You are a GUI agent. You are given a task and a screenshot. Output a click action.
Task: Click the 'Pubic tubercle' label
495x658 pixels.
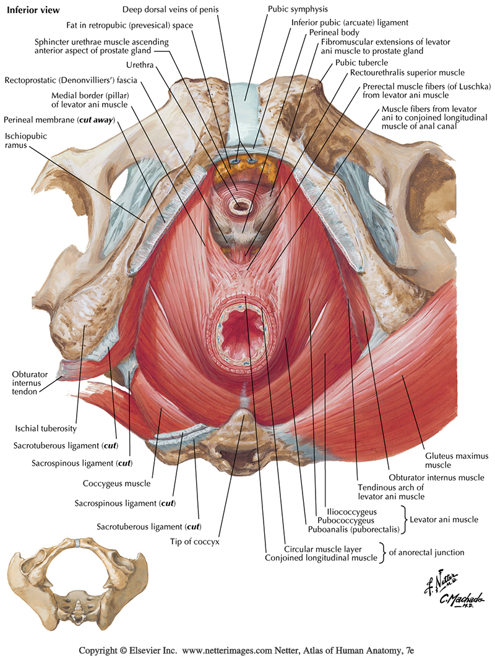click(x=362, y=62)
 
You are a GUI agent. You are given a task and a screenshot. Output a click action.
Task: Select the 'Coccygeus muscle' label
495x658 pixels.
click(x=116, y=484)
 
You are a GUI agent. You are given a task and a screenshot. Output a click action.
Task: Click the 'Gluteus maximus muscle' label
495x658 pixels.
click(x=456, y=460)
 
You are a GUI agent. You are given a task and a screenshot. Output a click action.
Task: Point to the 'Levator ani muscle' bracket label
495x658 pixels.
click(x=444, y=520)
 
